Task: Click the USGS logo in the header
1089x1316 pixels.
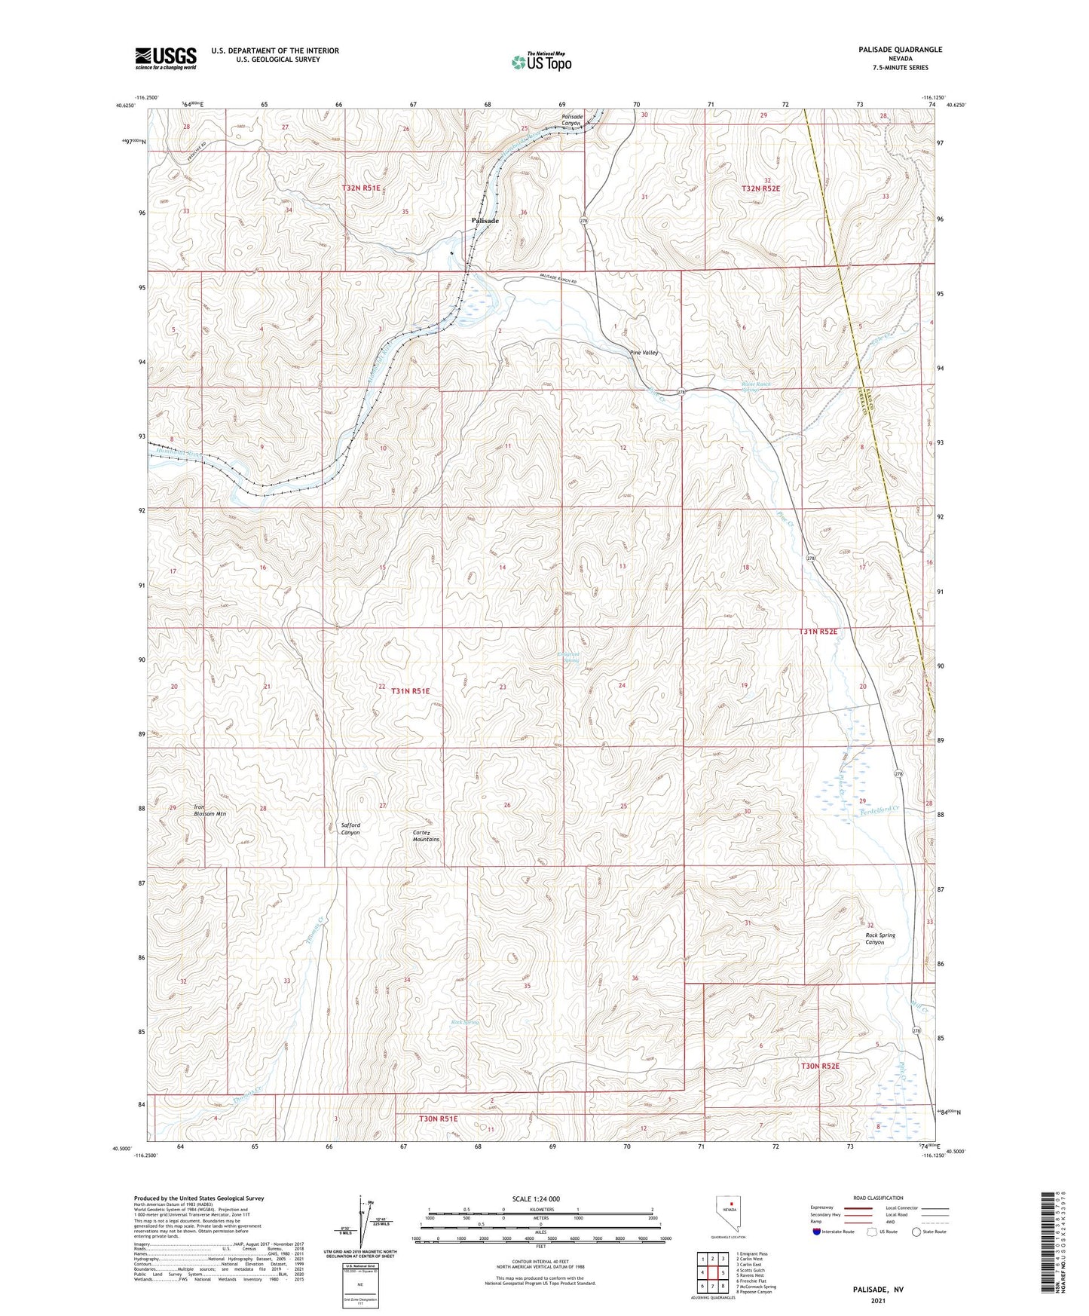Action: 166,58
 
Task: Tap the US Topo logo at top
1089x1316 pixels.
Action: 541,62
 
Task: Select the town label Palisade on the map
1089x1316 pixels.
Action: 485,220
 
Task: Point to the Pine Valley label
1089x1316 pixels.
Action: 644,353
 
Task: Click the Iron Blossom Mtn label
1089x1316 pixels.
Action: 210,810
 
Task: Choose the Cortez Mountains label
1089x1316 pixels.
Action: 426,836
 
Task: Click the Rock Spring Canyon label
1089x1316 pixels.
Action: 879,938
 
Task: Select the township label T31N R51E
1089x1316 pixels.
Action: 410,690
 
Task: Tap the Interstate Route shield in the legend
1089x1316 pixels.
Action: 817,1232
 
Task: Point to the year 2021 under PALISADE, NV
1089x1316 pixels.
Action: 877,1300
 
